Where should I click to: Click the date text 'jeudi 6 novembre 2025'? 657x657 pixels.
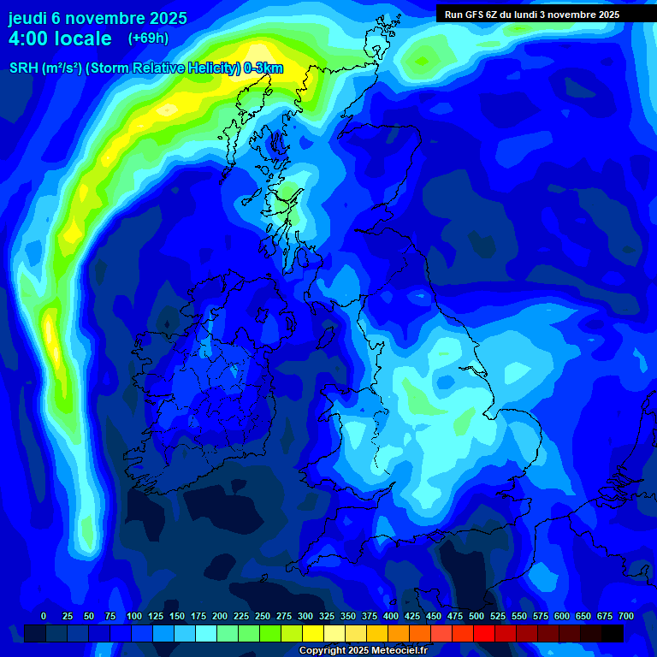tap(98, 18)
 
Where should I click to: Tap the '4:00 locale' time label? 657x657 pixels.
tap(60, 38)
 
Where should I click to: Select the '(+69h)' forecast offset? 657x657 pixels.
tap(148, 38)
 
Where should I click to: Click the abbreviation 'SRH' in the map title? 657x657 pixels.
tap(23, 68)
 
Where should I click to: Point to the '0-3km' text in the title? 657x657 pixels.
tap(263, 68)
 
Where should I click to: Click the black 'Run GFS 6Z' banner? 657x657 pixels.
tap(532, 15)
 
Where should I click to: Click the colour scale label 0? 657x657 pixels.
tap(44, 616)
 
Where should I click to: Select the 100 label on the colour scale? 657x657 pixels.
tap(134, 616)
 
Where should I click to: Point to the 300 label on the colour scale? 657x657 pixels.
tap(305, 616)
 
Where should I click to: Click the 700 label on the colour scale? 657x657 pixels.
tap(626, 616)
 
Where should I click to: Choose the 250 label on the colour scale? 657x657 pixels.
tap(263, 616)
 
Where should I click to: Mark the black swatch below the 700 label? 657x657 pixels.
tap(613, 633)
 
